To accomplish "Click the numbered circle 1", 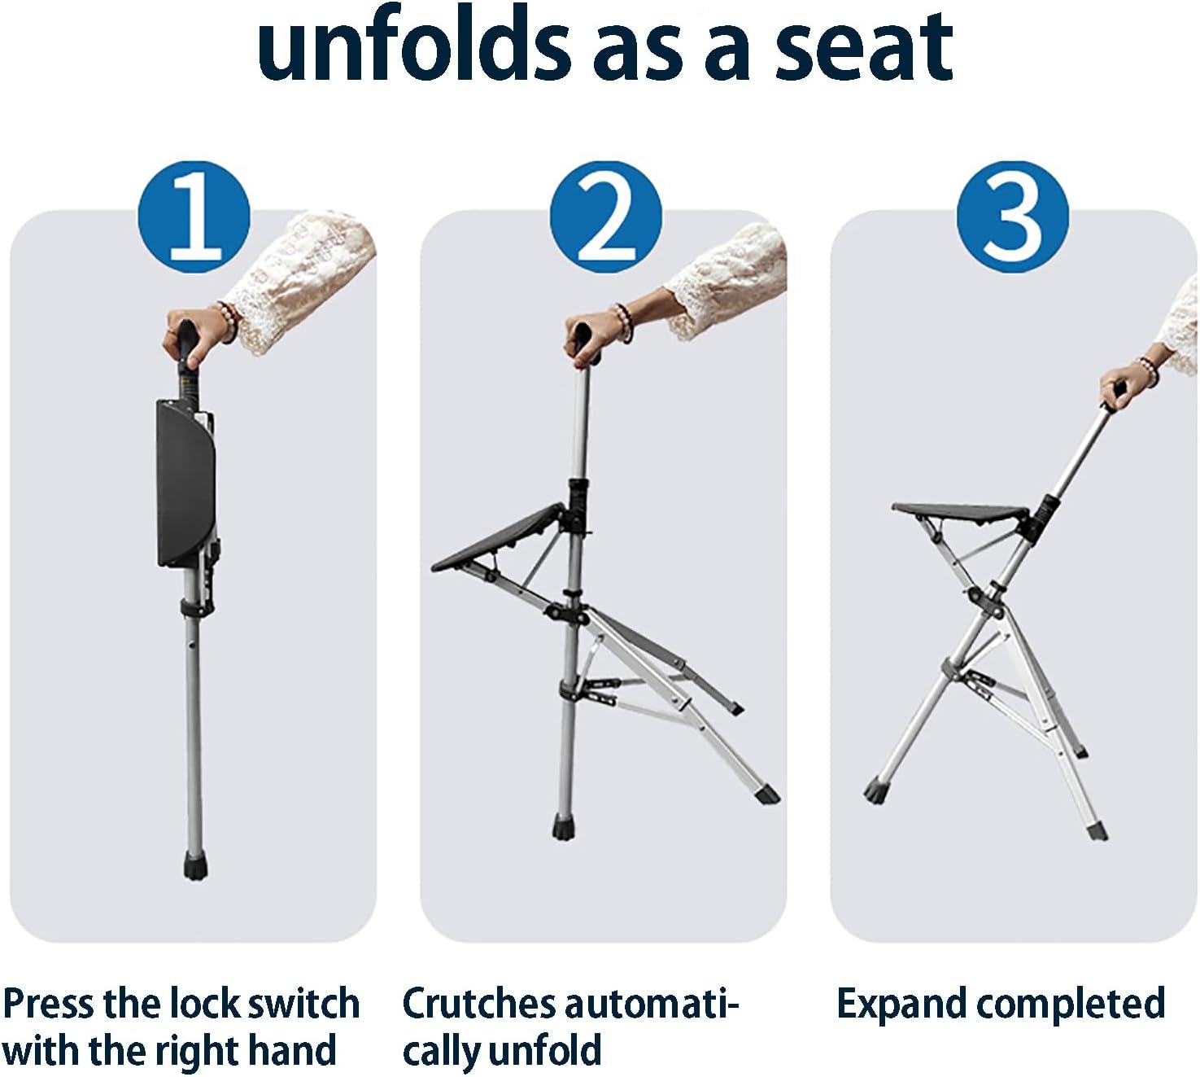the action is pos(194,217).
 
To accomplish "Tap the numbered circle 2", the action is pos(605,217).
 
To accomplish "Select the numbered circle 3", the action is pos(1013,217).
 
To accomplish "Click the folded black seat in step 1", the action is pos(185,484).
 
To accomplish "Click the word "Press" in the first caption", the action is pos(47,1004).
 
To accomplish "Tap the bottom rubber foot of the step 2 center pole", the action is pos(562,827).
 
